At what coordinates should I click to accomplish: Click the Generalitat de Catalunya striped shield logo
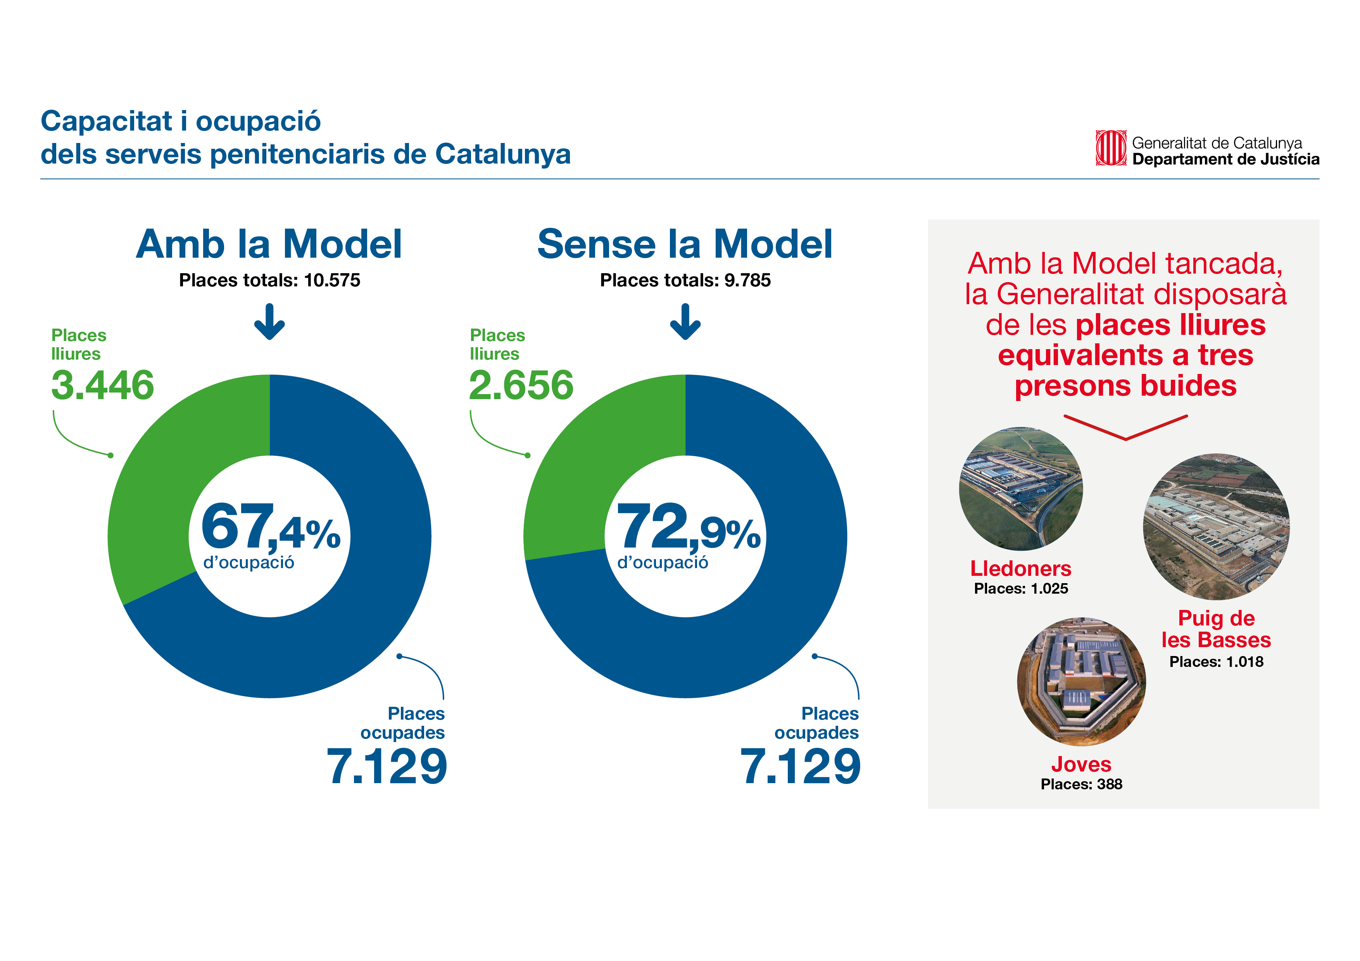(x=1110, y=148)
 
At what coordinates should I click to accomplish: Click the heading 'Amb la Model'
(x=269, y=244)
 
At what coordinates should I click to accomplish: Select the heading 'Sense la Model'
(x=685, y=244)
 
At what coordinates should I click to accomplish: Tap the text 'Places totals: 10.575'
(x=269, y=280)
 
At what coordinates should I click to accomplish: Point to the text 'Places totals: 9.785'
(x=685, y=280)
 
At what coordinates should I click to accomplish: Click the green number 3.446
(x=102, y=386)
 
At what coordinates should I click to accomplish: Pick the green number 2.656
(x=521, y=386)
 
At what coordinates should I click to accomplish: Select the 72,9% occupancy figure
(x=688, y=527)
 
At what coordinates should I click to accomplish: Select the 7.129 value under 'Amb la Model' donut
(x=387, y=767)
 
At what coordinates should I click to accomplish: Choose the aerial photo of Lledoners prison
(x=1021, y=489)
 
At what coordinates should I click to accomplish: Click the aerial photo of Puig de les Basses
(x=1216, y=527)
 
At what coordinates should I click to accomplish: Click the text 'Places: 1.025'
(x=1021, y=589)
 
